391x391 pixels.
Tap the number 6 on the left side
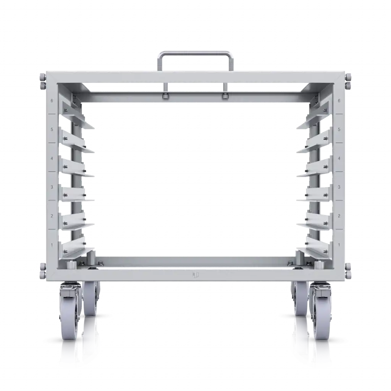[52, 101]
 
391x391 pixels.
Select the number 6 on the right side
[339, 101]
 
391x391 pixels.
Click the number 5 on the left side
[52, 129]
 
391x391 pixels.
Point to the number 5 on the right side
[339, 129]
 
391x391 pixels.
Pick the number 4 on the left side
[52, 158]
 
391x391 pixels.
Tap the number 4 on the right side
[339, 158]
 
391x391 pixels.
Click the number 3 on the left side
[52, 187]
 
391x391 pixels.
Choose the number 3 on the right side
[339, 187]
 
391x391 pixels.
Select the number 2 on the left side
[52, 216]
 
